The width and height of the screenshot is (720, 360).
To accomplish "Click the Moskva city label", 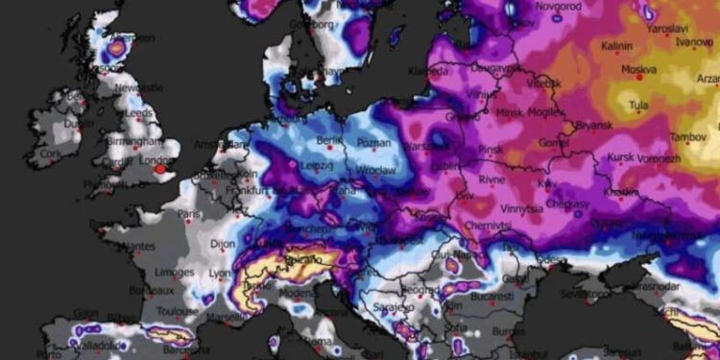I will tap(638, 70).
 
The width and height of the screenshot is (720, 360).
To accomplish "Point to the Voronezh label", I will tap(658, 157).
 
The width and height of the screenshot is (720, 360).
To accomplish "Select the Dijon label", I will tap(222, 244).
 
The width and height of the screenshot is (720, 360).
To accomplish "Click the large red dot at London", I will tap(160, 169).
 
